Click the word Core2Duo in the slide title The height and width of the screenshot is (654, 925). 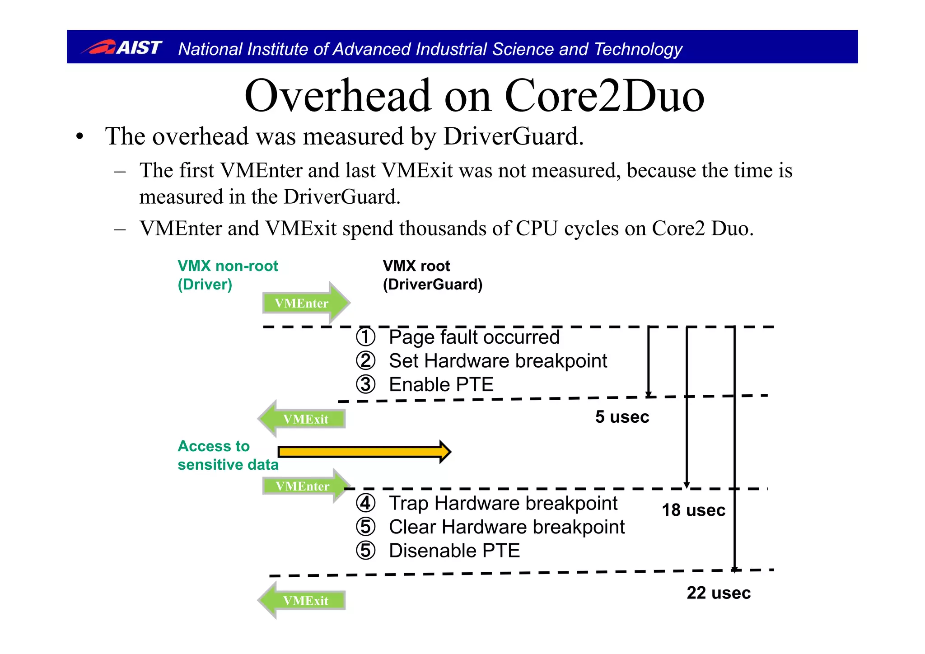(604, 96)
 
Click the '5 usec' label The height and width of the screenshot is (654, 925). (622, 417)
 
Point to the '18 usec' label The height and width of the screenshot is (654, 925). (693, 510)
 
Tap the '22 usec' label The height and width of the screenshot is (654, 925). (719, 593)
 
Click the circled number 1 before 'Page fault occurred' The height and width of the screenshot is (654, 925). (365, 337)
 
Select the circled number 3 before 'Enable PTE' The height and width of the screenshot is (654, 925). (365, 385)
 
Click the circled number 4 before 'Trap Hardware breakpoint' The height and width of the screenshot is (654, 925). (365, 503)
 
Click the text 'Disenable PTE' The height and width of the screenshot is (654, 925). (454, 551)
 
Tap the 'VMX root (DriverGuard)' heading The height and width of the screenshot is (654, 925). (432, 275)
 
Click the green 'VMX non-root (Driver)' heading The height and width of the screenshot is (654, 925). (228, 275)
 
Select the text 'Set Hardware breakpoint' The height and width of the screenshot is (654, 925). (498, 361)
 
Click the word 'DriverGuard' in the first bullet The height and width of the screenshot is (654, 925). (513, 136)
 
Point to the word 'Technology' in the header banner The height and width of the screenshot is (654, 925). (638, 49)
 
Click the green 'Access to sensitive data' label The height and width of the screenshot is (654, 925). (228, 455)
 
